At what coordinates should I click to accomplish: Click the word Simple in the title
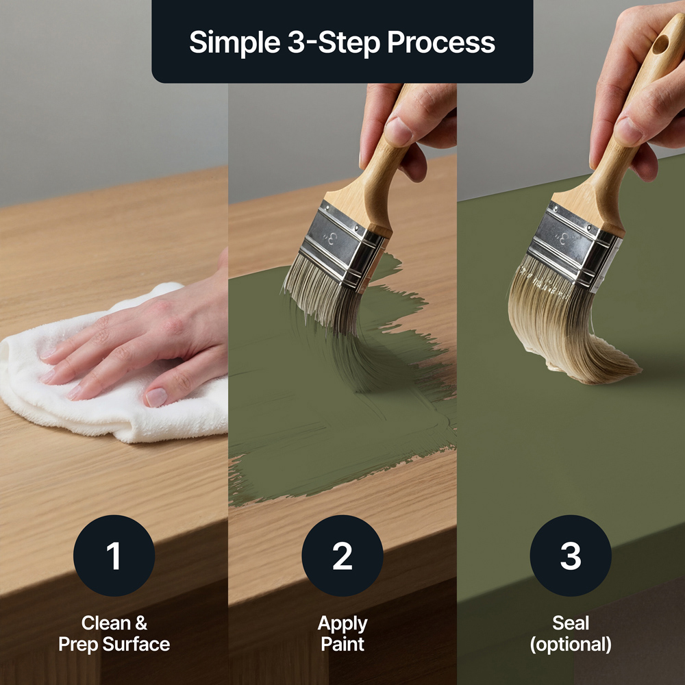click(234, 43)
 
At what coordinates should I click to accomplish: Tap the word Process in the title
click(441, 42)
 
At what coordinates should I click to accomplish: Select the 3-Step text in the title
click(334, 43)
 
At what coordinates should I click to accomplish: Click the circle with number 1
click(114, 556)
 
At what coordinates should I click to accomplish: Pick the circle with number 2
click(342, 556)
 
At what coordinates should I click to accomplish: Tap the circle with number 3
click(571, 556)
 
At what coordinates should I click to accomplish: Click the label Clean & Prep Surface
click(114, 634)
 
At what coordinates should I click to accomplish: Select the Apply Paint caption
click(342, 634)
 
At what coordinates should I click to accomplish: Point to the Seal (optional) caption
click(571, 634)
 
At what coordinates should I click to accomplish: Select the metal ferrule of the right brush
click(572, 247)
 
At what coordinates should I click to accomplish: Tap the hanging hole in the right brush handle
click(660, 45)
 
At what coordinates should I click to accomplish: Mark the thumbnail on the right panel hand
click(627, 131)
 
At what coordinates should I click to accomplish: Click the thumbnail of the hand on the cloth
click(156, 397)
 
